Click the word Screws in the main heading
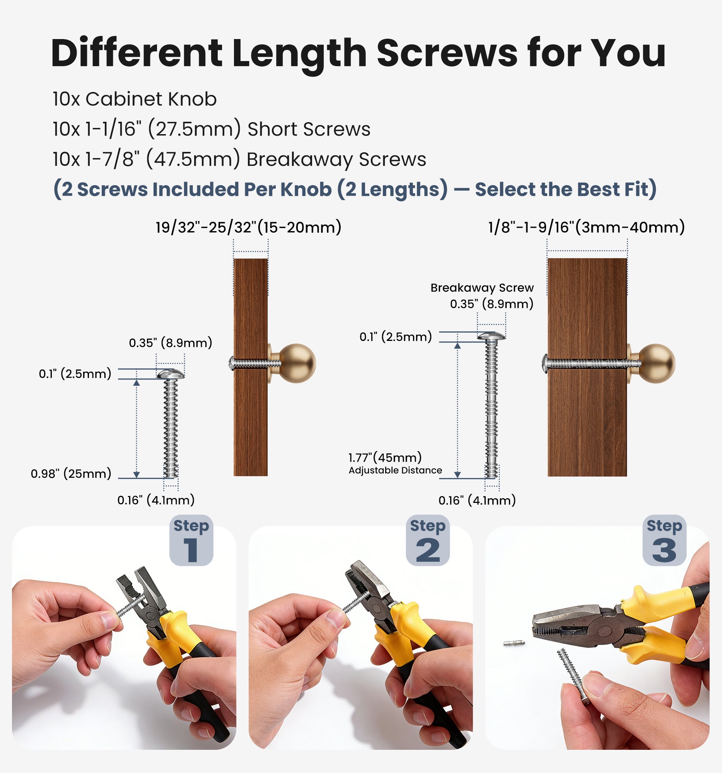[447, 53]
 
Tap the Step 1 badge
[191, 540]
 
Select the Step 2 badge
[428, 540]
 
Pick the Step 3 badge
[664, 540]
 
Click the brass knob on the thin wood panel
[296, 364]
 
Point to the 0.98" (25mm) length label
[71, 473]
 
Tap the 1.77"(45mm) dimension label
[385, 457]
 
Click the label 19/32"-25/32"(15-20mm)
[248, 227]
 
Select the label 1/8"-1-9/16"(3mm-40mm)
[586, 227]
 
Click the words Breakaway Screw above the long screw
[482, 288]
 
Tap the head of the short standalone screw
[171, 374]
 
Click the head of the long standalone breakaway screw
[492, 336]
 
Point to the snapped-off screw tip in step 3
[514, 643]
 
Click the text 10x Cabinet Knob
[135, 99]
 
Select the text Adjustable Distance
[395, 470]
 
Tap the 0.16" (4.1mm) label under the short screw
[156, 500]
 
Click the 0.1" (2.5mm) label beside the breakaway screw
[396, 337]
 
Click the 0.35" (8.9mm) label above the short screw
[171, 343]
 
